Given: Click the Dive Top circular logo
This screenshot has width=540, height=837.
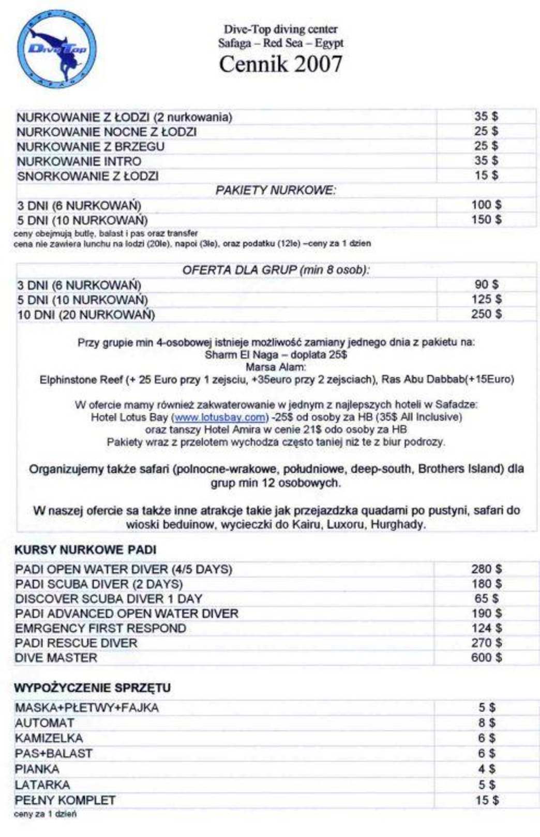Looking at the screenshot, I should point(57,50).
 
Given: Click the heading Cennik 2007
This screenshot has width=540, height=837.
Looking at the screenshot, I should point(280,65).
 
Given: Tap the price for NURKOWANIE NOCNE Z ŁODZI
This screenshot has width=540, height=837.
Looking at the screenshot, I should point(486,131).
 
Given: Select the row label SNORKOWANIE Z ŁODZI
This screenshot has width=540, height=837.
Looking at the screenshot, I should point(87,176).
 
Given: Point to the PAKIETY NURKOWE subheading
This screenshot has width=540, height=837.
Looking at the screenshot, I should point(275,191).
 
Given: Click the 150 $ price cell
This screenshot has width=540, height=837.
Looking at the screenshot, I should point(486,220).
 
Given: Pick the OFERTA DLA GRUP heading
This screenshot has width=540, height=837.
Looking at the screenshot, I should point(276,270).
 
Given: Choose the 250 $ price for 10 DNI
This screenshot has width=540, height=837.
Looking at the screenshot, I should point(486,314).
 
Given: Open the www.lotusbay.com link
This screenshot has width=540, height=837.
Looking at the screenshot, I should point(220,417).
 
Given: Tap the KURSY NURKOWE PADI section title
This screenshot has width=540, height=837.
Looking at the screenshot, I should point(85,550).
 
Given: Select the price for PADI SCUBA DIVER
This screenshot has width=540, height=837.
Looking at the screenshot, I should point(486,584).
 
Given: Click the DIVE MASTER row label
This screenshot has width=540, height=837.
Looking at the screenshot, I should point(56,658).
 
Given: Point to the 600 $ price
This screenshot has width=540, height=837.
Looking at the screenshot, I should point(486,658).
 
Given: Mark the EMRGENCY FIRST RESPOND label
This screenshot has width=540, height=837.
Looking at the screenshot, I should point(100,629).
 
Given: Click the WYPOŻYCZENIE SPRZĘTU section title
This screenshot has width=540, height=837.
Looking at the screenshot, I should point(92,688).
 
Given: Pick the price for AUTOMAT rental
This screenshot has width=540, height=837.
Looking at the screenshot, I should point(486,723).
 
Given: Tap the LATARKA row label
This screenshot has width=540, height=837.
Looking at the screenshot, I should point(42,785).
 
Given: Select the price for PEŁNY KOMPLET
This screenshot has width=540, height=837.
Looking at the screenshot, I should point(486,801).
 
